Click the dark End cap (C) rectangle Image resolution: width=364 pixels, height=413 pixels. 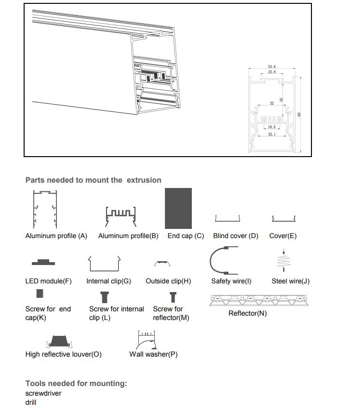(x=178, y=208)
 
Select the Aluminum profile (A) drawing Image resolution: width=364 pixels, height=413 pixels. (x=45, y=210)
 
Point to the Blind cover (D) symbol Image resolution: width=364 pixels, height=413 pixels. (x=228, y=219)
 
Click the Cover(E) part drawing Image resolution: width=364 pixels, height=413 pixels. (x=283, y=219)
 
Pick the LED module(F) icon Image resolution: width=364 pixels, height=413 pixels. (x=43, y=262)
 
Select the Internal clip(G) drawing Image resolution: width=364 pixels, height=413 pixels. (x=104, y=264)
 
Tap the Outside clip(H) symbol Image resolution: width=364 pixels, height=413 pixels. (x=162, y=263)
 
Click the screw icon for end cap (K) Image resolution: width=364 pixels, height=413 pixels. (x=40, y=293)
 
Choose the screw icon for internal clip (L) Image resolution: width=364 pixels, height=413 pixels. (x=104, y=297)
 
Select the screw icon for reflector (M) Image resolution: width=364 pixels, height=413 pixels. (x=173, y=297)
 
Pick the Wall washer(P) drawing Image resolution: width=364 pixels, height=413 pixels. (x=147, y=340)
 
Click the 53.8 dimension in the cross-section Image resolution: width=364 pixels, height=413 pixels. (x=272, y=67)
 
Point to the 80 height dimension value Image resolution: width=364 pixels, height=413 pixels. (x=299, y=114)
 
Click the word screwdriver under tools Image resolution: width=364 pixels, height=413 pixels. (x=43, y=393)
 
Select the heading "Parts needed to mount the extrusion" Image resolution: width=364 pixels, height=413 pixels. (x=93, y=180)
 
